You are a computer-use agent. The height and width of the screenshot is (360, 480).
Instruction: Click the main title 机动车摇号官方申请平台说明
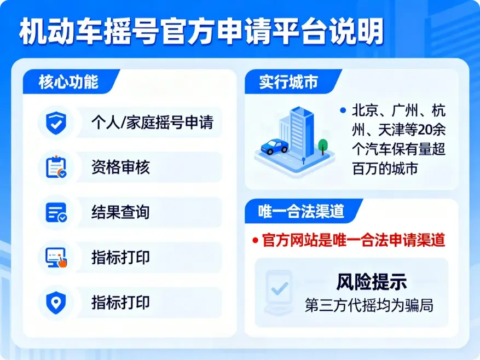coord(201,33)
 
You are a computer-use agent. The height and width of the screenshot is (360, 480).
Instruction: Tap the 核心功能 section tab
coord(68,82)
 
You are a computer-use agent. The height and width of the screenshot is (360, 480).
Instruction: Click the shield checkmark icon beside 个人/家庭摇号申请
coord(56,123)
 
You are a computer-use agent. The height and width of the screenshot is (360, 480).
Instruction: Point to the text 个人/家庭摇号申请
coord(152,123)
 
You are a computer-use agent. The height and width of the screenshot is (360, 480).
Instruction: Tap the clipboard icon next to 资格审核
coord(56,167)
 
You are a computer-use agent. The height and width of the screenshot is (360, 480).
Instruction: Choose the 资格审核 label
coord(120,167)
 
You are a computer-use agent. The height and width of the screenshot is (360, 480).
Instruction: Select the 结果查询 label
coord(120,212)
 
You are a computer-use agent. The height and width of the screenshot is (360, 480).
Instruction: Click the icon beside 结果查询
coord(56,212)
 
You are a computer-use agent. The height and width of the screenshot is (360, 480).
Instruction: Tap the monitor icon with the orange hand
coord(56,257)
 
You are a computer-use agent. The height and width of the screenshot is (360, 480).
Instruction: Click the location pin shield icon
coord(56,302)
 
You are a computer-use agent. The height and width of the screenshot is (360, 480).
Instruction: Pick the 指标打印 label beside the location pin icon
coord(120,302)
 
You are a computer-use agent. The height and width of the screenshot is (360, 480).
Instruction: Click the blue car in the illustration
coord(275,147)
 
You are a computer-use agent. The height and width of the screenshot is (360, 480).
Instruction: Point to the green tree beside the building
coord(323,146)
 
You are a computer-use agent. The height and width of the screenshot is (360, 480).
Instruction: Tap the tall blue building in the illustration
coord(300,129)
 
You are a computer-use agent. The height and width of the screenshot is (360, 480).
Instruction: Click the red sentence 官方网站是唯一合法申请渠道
coord(354,240)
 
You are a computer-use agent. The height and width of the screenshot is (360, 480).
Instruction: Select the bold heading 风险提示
coord(371,282)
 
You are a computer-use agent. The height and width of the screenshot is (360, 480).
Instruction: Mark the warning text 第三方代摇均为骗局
coord(369,305)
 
